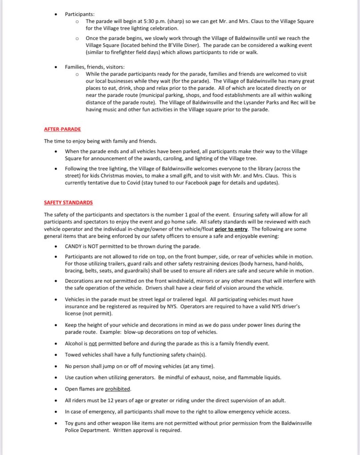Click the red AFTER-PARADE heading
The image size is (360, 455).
pos(62,129)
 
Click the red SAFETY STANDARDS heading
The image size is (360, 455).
pos(68,203)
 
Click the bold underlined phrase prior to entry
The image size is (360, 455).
pos(231,229)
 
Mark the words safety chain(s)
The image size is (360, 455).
pos(184,355)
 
